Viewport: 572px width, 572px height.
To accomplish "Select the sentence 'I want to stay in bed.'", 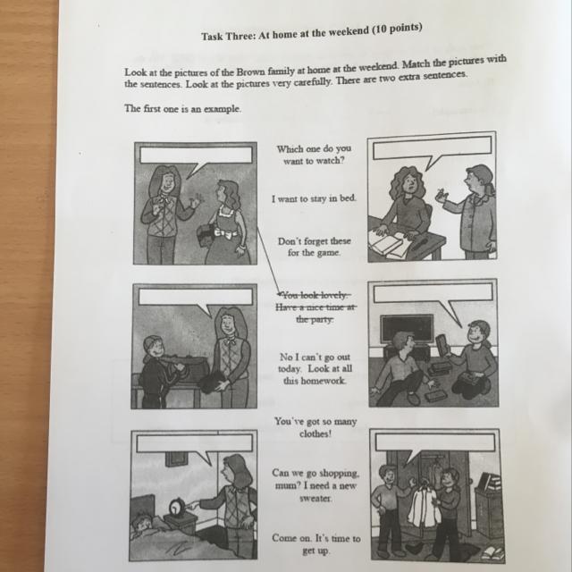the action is point(314,198).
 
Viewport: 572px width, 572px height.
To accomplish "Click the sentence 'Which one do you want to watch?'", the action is point(314,155).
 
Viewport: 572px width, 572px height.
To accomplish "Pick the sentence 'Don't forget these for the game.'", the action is point(314,247).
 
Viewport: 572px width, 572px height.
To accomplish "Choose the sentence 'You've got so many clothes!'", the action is point(315,427).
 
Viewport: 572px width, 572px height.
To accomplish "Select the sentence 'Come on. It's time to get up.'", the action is point(315,544).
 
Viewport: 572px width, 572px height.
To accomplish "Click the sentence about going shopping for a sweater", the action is point(315,485).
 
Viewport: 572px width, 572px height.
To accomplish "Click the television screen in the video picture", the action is point(407,329).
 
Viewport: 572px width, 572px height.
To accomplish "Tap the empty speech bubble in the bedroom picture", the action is point(195,447).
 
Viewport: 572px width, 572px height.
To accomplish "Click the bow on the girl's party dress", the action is point(223,233).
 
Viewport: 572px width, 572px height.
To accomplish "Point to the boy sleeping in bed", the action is point(145,525).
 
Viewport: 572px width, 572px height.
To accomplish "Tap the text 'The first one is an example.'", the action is point(182,109).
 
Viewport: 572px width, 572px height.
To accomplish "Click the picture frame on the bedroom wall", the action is point(177,458).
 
